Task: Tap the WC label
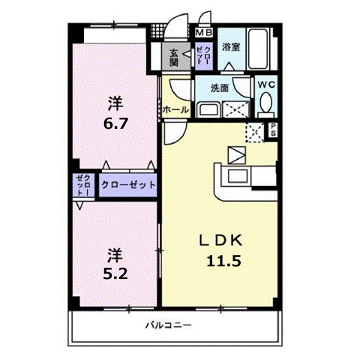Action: pos(266,85)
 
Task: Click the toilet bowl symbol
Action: pos(266,106)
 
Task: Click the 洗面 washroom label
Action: pos(220,88)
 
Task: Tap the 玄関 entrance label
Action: pos(173,57)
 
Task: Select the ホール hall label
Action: pos(175,109)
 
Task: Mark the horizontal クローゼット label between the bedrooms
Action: pos(127,184)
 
